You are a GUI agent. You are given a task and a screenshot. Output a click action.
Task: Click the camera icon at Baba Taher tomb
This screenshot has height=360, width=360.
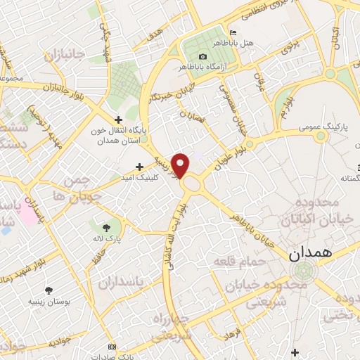click(203, 56)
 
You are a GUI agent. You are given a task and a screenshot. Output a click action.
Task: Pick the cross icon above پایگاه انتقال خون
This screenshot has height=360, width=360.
click(118, 120)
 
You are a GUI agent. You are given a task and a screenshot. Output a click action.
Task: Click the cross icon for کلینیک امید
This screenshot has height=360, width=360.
click(139, 167)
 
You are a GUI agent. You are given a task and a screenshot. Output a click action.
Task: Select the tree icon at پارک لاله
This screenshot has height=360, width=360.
click(105, 228)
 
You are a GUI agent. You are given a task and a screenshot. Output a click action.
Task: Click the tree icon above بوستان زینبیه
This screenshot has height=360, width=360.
click(48, 290)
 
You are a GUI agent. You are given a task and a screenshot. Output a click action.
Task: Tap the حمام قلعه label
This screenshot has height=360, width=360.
click(239, 262)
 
